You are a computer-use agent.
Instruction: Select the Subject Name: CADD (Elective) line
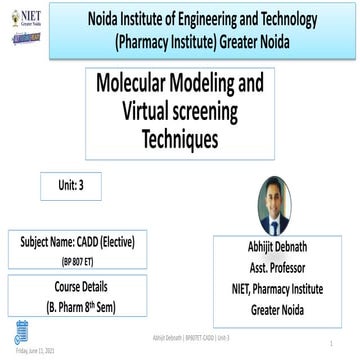click(77, 243)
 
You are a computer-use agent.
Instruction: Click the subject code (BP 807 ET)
click(77, 258)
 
